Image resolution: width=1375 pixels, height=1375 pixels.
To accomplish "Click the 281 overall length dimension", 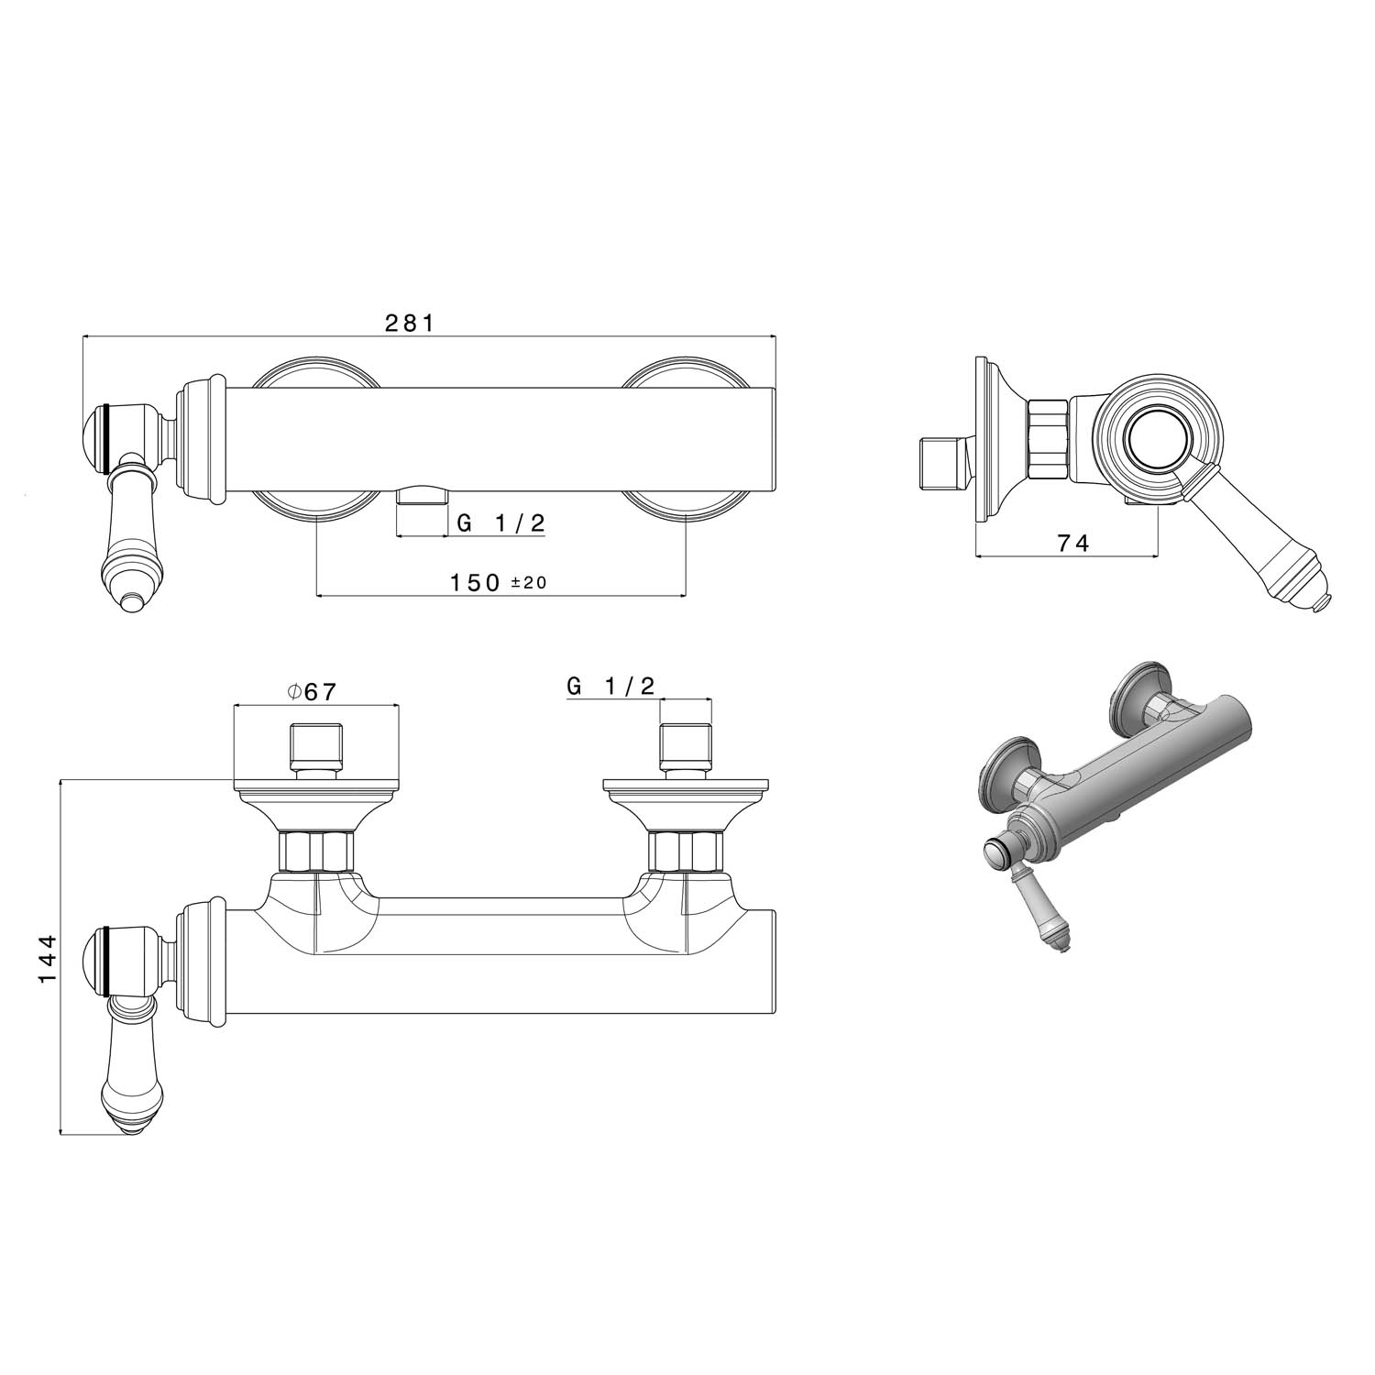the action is pos(408,323).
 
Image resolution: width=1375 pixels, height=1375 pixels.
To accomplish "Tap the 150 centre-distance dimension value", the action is pos(475,582).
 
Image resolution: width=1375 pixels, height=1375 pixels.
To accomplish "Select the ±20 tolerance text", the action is pos(529,583).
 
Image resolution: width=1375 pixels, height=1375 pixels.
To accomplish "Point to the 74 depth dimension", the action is pos(1072,543).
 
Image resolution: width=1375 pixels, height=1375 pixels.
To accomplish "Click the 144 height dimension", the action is pos(48,959).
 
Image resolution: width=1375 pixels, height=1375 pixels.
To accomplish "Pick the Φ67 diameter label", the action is pos(312,692).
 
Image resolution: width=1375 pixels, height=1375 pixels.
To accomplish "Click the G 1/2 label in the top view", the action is pos(501,523).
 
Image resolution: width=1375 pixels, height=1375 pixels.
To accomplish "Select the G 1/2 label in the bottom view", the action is pos(611,686).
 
